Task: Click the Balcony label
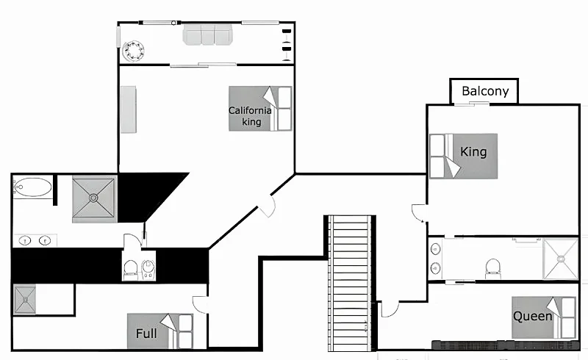tap(485, 91)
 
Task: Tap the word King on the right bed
tap(473, 152)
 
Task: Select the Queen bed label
tap(532, 316)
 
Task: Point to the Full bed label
tap(146, 334)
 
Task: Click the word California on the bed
tap(250, 111)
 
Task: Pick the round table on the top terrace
tap(133, 51)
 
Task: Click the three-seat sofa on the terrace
tap(208, 35)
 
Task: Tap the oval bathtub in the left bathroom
tap(32, 187)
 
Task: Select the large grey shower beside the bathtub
tap(94, 198)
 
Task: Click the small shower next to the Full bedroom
tap(25, 299)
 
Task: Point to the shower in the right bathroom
tap(561, 259)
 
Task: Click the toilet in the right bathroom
tap(493, 268)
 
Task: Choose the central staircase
tap(351, 283)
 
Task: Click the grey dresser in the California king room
tap(128, 109)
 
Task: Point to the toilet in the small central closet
tap(130, 269)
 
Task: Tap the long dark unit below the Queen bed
tap(505, 345)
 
